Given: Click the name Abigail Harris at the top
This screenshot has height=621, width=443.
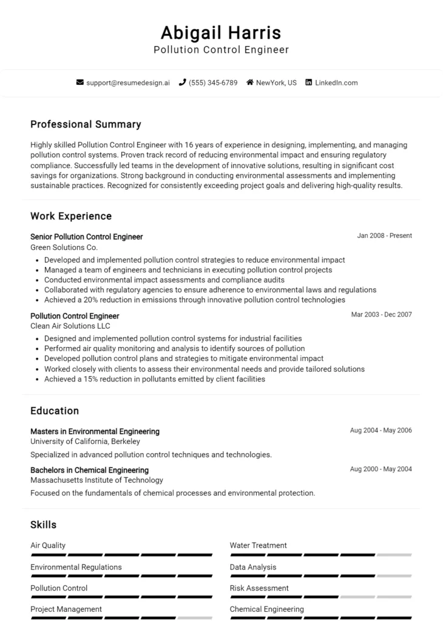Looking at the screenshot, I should (x=221, y=32).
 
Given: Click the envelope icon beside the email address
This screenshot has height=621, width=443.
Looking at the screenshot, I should (x=79, y=82).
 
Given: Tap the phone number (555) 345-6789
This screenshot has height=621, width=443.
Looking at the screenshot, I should (x=213, y=82).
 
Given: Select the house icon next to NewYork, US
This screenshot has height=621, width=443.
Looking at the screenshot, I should (x=249, y=82).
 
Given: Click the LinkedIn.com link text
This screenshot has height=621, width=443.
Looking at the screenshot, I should (x=336, y=82).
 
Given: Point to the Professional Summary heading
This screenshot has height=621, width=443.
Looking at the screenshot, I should (x=86, y=124).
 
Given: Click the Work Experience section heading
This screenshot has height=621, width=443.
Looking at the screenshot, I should (x=71, y=216).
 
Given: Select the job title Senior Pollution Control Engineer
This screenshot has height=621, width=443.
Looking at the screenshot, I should (x=86, y=237).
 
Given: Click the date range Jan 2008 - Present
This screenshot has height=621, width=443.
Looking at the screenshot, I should (x=384, y=236).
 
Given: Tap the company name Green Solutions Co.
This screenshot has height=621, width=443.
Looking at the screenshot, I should (x=64, y=247).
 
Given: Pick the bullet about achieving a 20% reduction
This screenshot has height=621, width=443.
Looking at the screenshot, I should (x=194, y=300).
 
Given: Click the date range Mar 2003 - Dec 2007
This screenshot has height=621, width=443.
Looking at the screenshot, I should (x=381, y=315).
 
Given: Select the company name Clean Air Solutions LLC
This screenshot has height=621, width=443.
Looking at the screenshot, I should (x=70, y=326).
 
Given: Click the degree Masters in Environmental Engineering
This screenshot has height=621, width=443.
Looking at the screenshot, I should (x=95, y=431).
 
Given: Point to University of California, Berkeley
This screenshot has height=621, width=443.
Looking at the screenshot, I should (x=85, y=441).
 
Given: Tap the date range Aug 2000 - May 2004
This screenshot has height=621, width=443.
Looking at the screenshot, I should (x=380, y=469).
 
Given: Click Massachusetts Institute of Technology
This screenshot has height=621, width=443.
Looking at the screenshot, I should (x=96, y=480).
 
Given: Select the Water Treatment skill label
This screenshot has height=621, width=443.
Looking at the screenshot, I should (x=258, y=545).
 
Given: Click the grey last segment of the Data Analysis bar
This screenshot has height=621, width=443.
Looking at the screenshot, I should (x=394, y=576).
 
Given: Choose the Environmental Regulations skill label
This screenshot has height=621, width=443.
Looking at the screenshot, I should (x=76, y=567).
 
